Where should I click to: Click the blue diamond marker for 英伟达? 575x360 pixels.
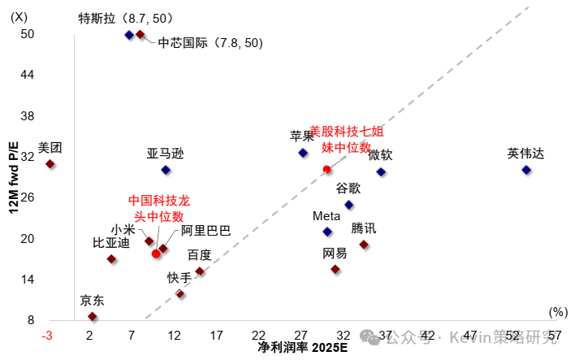click(x=526, y=170)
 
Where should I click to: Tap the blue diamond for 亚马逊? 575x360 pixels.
click(x=166, y=170)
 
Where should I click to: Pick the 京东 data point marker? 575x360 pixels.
click(x=93, y=316)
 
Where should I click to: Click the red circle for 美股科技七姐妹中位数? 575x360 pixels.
click(x=326, y=169)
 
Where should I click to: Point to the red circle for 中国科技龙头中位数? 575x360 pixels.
click(x=156, y=254)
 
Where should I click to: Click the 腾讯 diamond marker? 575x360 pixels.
click(x=364, y=245)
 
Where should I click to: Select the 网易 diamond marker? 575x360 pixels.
click(x=335, y=269)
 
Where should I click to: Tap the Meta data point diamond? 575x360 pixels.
click(x=327, y=232)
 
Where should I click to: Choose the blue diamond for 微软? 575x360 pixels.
click(x=381, y=171)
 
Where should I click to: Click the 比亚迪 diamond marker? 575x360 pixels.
click(x=111, y=259)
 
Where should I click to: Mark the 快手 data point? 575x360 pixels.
click(x=180, y=293)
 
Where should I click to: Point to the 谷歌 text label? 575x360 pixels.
click(x=349, y=188)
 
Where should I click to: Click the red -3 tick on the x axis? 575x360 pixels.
click(x=49, y=335)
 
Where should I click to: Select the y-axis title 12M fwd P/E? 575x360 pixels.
click(x=14, y=176)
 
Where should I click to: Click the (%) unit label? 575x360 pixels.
click(x=557, y=311)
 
